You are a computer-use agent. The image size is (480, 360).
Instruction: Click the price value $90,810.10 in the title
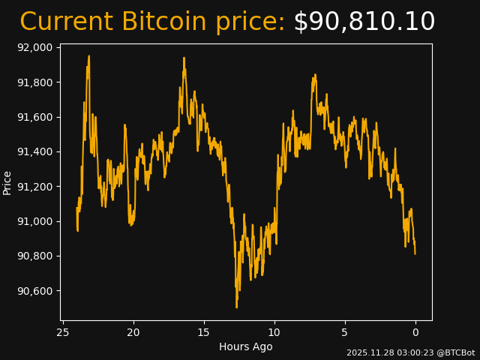tap(364, 22)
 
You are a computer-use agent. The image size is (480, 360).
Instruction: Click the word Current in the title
tap(66, 22)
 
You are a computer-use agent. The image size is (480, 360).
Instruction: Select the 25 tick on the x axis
tap(63, 332)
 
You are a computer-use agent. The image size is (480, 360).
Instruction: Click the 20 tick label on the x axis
tap(133, 332)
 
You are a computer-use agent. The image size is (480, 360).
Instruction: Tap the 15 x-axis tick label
tap(204, 332)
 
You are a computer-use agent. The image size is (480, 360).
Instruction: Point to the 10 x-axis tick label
tap(274, 332)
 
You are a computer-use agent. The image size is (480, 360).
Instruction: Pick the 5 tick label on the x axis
tap(345, 332)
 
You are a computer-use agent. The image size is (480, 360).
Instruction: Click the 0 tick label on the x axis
tap(415, 332)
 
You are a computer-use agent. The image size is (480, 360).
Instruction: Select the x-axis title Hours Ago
tap(246, 346)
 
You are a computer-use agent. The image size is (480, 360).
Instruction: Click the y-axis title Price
tap(7, 182)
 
